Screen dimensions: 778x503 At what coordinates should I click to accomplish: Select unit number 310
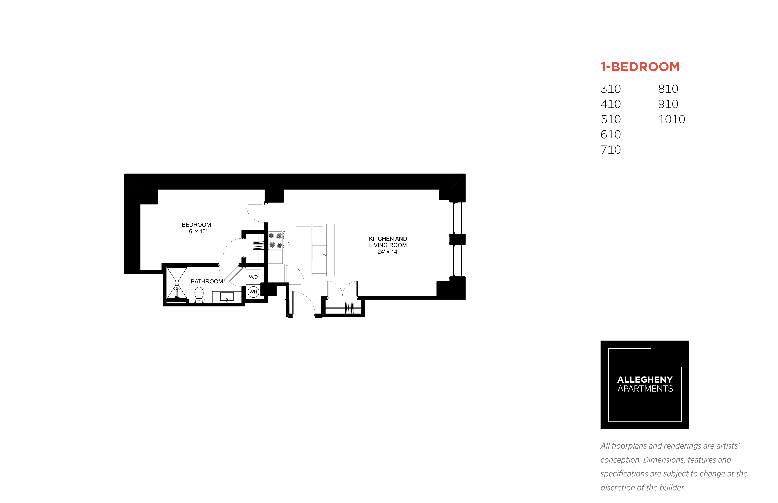[610, 89]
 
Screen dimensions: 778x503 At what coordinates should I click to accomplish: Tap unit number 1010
[671, 119]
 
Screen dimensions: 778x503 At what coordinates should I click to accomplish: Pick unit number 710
[610, 150]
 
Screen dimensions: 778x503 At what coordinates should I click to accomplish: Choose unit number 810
[668, 89]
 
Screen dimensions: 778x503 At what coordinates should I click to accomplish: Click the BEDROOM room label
[196, 225]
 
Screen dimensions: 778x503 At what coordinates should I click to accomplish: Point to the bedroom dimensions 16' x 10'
[196, 231]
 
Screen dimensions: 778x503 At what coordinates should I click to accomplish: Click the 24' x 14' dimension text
[388, 251]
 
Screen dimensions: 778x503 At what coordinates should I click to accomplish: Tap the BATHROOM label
[207, 281]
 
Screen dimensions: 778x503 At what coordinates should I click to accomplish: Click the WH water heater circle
[253, 292]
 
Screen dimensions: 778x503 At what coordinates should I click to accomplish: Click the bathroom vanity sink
[227, 297]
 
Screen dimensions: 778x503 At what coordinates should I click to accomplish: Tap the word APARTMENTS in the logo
[645, 389]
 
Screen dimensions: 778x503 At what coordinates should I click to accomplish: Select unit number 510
[610, 119]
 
